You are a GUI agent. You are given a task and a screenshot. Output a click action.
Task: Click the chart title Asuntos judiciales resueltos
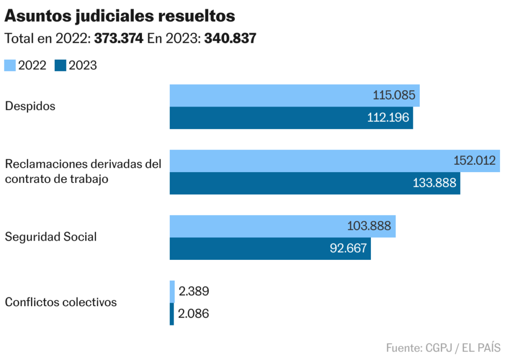pyautogui.click(x=119, y=16)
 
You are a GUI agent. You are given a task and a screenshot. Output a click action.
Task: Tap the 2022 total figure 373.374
pyautogui.click(x=118, y=38)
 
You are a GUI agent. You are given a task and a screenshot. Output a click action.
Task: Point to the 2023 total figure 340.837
pyautogui.click(x=230, y=38)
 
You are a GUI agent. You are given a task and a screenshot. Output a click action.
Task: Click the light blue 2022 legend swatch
pyautogui.click(x=10, y=65)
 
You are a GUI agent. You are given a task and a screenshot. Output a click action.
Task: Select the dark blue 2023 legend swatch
pyautogui.click(x=60, y=65)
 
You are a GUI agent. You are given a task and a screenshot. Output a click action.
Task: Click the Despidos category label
pyautogui.click(x=30, y=106)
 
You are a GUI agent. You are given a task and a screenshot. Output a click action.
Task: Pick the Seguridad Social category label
pyautogui.click(x=51, y=237)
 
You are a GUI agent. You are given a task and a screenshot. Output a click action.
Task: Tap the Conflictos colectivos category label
pyautogui.click(x=61, y=302)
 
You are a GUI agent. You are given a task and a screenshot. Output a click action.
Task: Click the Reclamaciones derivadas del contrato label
pyautogui.click(x=83, y=171)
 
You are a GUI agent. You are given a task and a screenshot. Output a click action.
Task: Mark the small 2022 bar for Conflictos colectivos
pyautogui.click(x=172, y=291)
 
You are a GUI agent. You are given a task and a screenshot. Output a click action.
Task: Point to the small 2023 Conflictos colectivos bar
pyautogui.click(x=172, y=314)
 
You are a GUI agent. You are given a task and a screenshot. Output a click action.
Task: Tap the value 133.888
pyautogui.click(x=434, y=183)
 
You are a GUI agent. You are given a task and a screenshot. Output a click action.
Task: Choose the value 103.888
pyautogui.click(x=369, y=226)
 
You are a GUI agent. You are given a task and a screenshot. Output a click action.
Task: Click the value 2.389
pyautogui.click(x=194, y=291)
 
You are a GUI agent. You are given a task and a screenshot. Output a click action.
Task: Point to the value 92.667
pyautogui.click(x=348, y=249)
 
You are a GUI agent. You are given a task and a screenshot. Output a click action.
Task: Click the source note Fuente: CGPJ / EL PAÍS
pyautogui.click(x=443, y=348)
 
